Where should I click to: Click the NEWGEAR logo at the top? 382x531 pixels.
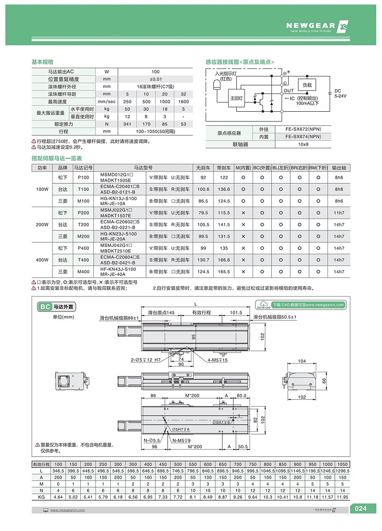click(317, 26)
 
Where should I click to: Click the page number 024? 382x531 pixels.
click(360, 509)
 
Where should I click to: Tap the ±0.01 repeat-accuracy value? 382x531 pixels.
click(156, 79)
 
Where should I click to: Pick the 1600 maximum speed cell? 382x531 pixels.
click(183, 101)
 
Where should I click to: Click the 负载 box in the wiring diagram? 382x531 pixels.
click(307, 85)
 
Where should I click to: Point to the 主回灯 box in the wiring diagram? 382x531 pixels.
click(236, 98)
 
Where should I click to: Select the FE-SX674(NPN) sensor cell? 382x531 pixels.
click(306, 137)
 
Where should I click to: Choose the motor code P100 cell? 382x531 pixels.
click(83, 177)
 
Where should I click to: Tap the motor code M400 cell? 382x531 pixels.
click(83, 271)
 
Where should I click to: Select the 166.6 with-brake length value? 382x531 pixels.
click(224, 260)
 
